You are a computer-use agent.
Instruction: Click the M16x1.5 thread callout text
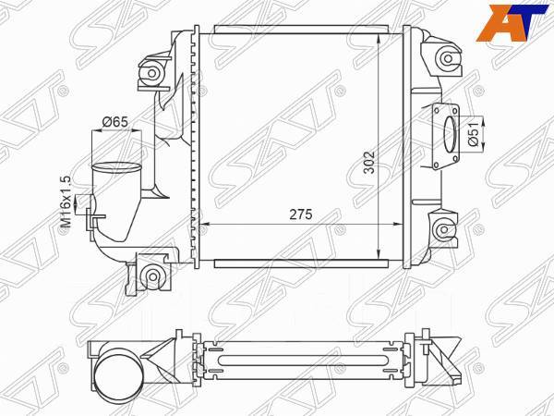[x=66, y=203]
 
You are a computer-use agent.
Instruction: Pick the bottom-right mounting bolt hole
[x=448, y=228]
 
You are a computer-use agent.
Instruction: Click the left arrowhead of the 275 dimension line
[x=204, y=225]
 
